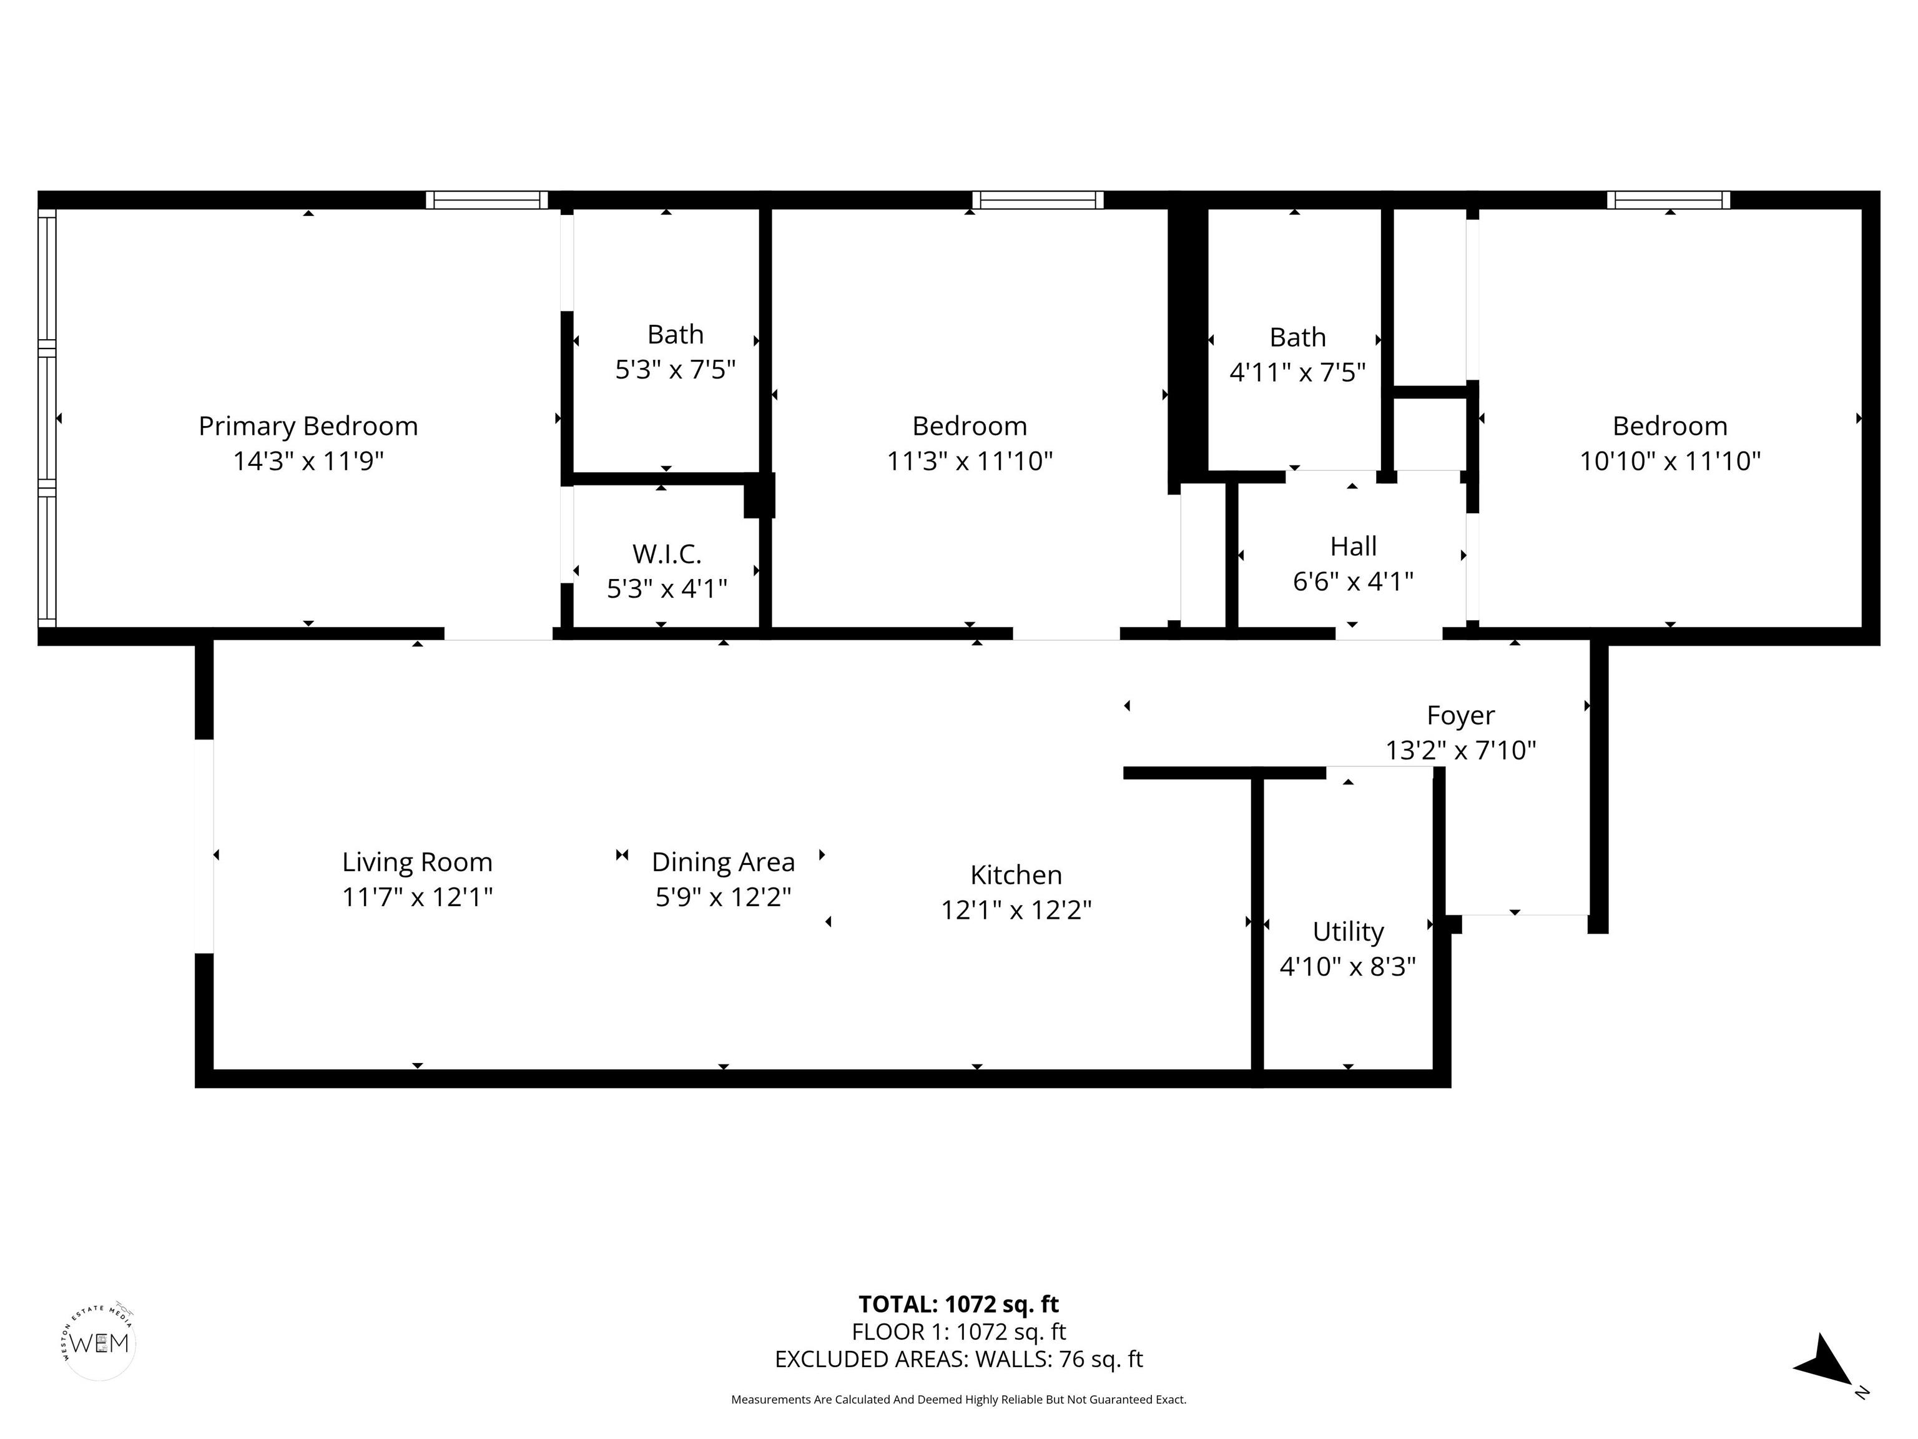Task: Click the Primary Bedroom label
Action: [x=308, y=426]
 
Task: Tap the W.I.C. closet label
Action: [x=666, y=553]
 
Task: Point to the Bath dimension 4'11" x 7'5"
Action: [x=1297, y=372]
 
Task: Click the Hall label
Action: [x=1353, y=546]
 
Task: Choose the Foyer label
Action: [x=1460, y=716]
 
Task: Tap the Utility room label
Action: [x=1347, y=932]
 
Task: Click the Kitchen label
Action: [x=1015, y=874]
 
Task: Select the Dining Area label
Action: [x=723, y=862]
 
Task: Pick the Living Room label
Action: [x=417, y=862]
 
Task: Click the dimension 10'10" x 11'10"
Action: [x=1669, y=460]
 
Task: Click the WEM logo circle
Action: [x=100, y=1343]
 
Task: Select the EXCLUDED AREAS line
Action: [x=958, y=1359]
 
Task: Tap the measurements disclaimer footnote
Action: [x=958, y=1399]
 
